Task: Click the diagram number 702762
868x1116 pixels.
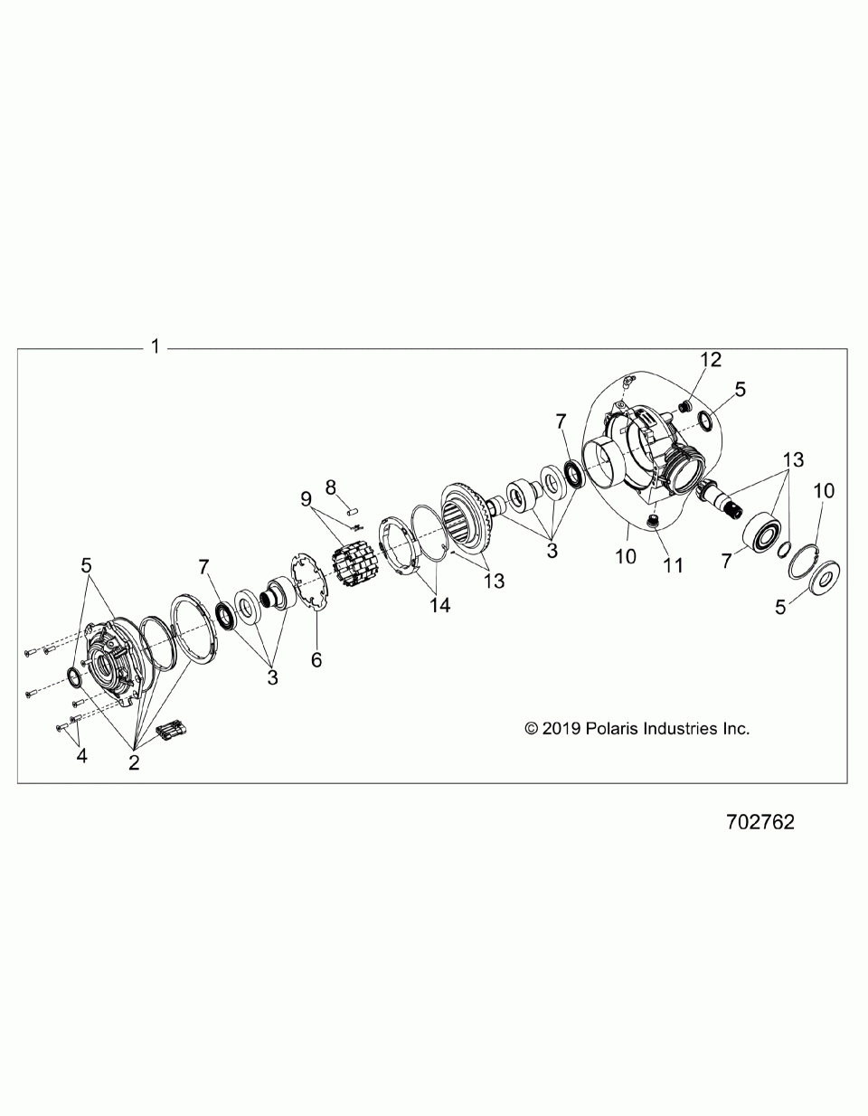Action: pos(759,823)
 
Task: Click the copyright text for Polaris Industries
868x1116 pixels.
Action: pos(637,728)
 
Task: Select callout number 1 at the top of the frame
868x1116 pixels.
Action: pos(156,346)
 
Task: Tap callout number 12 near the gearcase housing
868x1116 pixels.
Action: pos(711,360)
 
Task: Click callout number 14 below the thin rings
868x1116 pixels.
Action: pos(439,605)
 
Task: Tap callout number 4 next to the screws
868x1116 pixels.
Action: pos(82,756)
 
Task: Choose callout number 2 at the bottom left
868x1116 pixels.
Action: pos(134,762)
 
